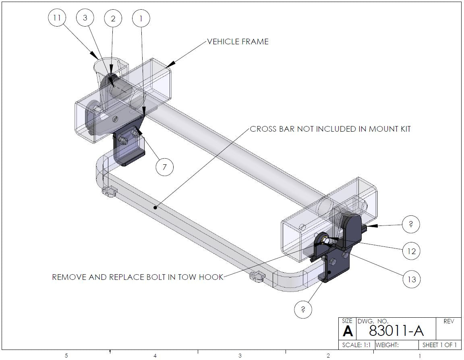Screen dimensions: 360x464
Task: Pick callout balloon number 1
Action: click(141, 18)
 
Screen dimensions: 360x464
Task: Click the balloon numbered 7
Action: click(164, 167)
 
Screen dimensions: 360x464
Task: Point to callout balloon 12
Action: click(411, 251)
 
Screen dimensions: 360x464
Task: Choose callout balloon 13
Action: click(411, 279)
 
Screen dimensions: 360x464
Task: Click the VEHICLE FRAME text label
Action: click(238, 41)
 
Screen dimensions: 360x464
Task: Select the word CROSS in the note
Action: click(262, 129)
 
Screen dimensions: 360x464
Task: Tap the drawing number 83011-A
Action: click(396, 331)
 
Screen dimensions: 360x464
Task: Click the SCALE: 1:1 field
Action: click(356, 345)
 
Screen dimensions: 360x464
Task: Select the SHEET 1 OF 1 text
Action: click(439, 345)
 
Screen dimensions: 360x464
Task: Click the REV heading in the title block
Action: click(448, 321)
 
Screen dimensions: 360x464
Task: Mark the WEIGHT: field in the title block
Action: click(387, 345)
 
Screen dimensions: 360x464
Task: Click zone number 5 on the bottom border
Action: click(66, 356)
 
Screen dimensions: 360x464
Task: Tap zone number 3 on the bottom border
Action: click(240, 356)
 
